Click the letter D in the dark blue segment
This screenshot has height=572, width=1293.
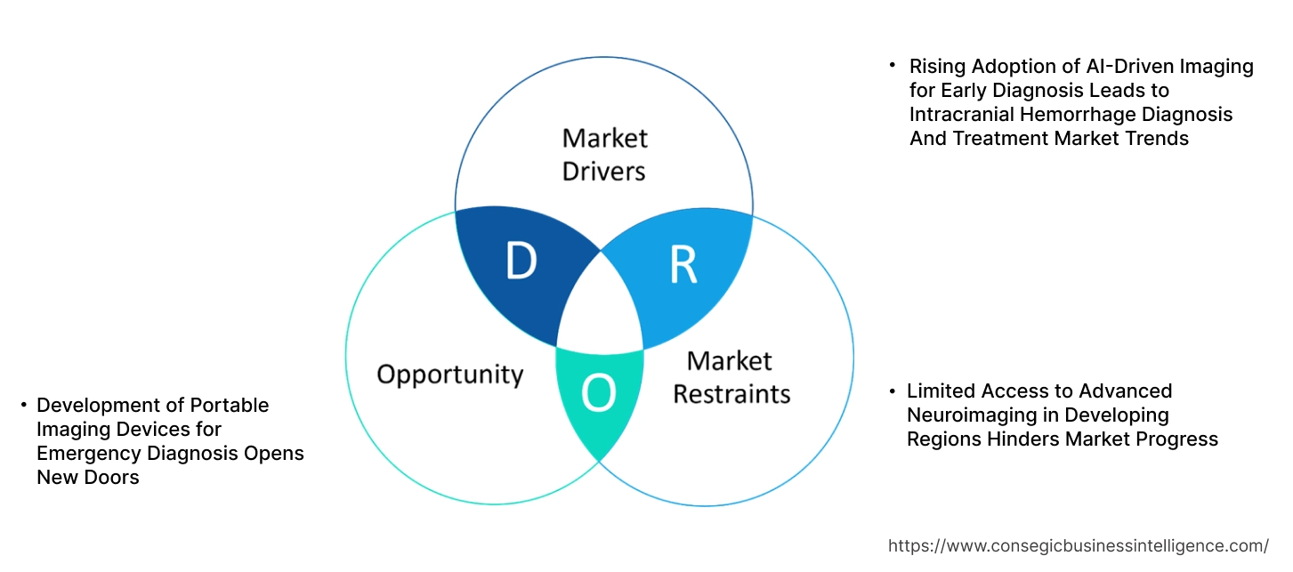521,261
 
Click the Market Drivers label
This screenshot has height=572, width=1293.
604,154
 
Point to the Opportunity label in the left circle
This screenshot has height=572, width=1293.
449,374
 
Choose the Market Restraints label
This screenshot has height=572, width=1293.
731,377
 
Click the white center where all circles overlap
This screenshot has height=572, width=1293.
600,307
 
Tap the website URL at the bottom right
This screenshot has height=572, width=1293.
1079,545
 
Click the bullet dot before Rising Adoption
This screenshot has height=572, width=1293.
893,65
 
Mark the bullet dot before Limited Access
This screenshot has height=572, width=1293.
892,391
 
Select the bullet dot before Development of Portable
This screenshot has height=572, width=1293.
23,405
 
